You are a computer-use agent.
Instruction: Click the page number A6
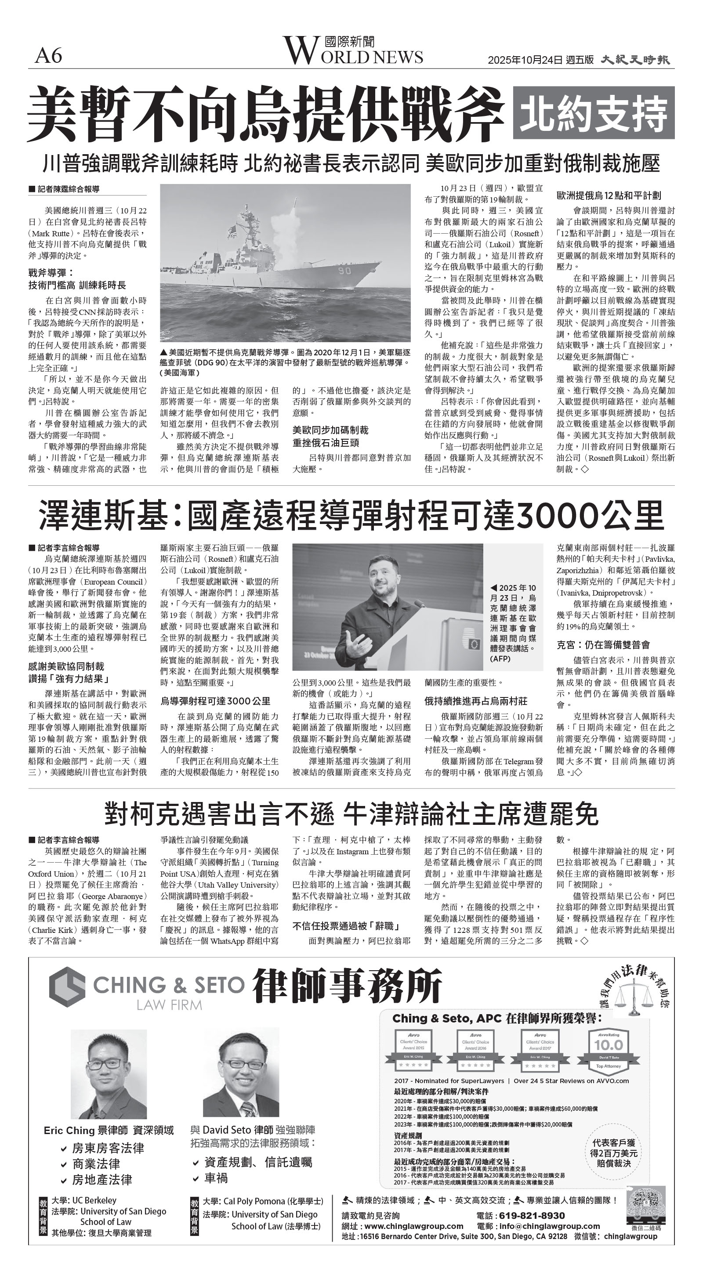pos(48,56)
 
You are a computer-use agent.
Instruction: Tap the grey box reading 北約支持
pos(594,113)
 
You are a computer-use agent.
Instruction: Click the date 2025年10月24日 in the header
pos(525,60)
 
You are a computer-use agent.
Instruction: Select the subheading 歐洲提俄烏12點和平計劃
pos(608,195)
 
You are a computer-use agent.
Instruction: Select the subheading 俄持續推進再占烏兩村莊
pos(475,701)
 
